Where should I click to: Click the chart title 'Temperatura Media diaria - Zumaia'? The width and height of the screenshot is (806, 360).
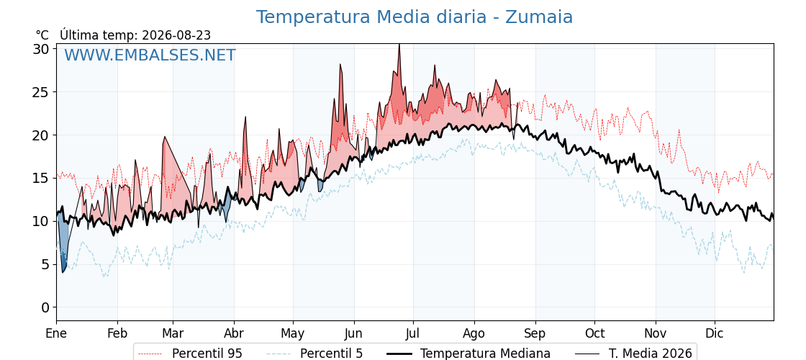(415, 17)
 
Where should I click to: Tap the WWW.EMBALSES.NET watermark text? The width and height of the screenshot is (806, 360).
(150, 55)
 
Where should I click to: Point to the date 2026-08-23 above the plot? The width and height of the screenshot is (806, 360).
(176, 35)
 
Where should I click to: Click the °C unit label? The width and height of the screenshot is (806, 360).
(42, 35)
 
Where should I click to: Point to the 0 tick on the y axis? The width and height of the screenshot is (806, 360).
(46, 307)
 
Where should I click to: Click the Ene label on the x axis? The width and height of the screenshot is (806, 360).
(56, 333)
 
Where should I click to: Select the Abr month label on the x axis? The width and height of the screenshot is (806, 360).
(234, 333)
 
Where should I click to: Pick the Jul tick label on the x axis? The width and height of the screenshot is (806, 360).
(413, 333)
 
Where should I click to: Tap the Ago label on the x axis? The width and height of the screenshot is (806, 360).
(474, 333)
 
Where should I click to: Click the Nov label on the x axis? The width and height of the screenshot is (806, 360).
(656, 333)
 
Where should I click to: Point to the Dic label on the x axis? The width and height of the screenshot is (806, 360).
(715, 333)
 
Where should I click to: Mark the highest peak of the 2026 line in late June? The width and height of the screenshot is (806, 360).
(399, 45)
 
